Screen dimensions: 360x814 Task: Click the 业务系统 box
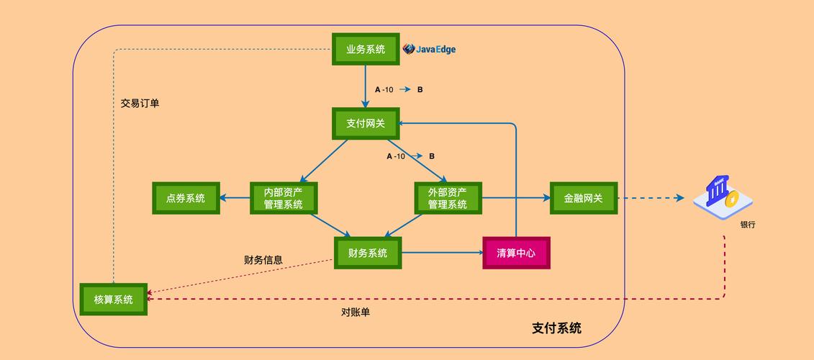(x=366, y=49)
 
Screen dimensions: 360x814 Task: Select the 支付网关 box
(x=366, y=124)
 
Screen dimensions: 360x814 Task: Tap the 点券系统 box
(x=186, y=198)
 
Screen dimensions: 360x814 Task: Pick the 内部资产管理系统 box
(x=284, y=198)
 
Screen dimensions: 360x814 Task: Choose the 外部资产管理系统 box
(x=448, y=198)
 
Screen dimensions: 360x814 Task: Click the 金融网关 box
(x=584, y=198)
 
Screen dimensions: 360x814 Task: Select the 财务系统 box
(x=368, y=253)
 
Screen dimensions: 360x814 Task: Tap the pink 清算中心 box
(x=516, y=253)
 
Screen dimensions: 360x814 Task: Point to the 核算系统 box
(x=114, y=300)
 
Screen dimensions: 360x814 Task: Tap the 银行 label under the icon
(x=748, y=225)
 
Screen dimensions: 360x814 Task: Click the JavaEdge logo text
(x=430, y=49)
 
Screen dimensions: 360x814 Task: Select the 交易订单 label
(x=140, y=103)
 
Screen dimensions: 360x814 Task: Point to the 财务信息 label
(x=263, y=260)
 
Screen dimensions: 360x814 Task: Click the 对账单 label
(x=356, y=312)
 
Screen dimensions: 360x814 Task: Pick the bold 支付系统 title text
(x=556, y=328)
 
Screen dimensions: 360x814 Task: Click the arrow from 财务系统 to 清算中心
(x=440, y=253)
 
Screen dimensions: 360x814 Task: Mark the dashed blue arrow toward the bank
(x=651, y=198)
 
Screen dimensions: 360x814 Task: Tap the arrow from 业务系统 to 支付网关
(x=366, y=86)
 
